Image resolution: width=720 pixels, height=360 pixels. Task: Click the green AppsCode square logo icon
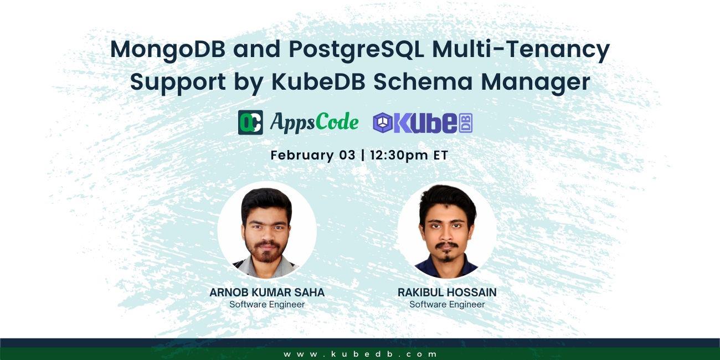[x=250, y=122]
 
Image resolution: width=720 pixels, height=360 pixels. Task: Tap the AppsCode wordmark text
[x=314, y=122]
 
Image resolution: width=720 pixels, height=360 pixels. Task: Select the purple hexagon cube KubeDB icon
[x=383, y=123]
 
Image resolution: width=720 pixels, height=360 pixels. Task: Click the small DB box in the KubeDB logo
[x=466, y=123]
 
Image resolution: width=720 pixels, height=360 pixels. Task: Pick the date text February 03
[x=313, y=155]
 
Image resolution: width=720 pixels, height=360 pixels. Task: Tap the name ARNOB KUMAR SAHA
[x=267, y=292]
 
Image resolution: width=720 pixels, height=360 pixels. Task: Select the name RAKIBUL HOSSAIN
[x=447, y=292]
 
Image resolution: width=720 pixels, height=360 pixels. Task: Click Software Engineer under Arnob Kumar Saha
[x=267, y=305]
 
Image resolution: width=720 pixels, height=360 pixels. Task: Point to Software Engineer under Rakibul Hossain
[x=447, y=305]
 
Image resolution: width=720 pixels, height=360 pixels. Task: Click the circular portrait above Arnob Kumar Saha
[x=267, y=230]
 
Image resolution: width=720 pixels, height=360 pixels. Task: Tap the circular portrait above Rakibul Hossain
[x=447, y=230]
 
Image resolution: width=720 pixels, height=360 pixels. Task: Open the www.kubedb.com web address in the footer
[x=361, y=354]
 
